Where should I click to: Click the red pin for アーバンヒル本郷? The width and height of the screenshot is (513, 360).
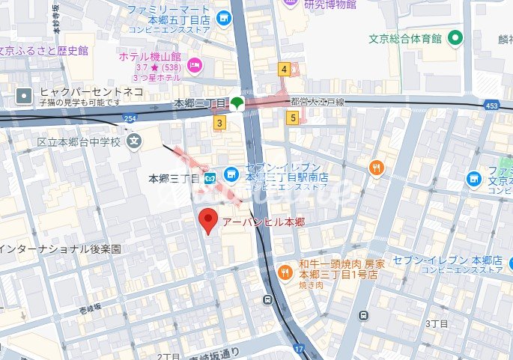point(209,221)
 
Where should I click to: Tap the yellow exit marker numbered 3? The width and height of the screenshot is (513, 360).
point(219,122)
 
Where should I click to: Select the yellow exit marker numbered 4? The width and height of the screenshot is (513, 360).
point(284,70)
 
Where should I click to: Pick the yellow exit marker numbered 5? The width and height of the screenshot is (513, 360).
point(292,117)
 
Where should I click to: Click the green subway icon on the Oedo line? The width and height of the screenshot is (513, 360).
point(237,103)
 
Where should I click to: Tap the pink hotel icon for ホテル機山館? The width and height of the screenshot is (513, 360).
point(195,65)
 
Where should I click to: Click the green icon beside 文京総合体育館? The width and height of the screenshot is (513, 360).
point(454,37)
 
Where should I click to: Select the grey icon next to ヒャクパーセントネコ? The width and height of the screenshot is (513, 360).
point(25,95)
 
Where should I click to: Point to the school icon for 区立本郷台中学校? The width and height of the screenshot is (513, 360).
point(134,141)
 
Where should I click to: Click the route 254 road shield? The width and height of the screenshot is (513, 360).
point(130,119)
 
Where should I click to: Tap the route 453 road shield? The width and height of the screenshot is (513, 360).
point(491,106)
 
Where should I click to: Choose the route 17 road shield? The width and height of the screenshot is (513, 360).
point(300,349)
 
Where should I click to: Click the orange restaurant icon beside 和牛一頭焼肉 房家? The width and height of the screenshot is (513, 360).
point(284,272)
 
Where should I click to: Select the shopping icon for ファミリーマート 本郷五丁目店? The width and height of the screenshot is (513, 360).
point(223,17)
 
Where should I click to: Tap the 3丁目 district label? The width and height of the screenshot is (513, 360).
point(435,324)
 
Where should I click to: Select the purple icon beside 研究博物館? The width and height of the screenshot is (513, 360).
point(289,4)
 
